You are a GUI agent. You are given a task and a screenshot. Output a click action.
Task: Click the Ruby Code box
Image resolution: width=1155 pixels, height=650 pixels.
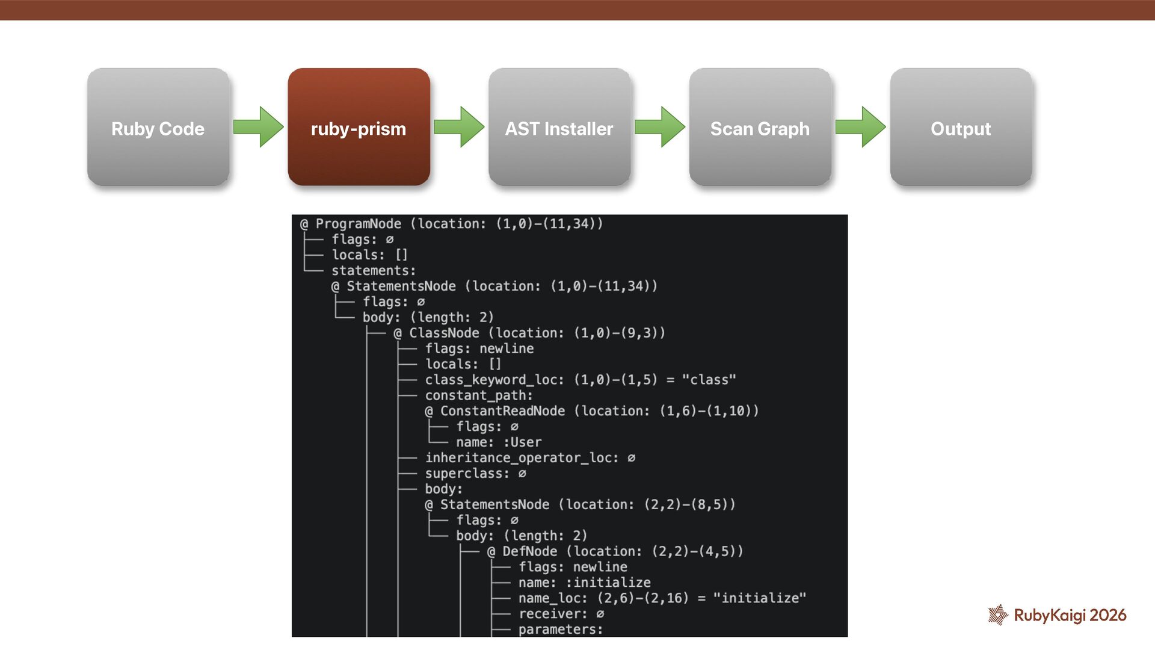158,127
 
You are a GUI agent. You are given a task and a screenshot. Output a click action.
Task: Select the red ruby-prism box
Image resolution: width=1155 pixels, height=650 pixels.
359,127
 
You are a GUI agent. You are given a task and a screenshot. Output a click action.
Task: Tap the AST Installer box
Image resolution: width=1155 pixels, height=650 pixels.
559,127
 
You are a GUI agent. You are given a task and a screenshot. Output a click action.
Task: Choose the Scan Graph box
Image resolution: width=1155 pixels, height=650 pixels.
760,127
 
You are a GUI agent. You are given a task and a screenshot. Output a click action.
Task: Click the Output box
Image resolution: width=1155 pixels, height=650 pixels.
961,127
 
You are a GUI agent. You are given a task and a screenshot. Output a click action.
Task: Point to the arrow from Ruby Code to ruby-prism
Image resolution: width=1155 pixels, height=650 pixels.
259,127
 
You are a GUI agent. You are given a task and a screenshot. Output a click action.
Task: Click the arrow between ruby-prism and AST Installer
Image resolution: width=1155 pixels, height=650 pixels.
459,127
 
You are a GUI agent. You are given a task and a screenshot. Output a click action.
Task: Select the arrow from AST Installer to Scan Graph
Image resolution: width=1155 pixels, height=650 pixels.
660,127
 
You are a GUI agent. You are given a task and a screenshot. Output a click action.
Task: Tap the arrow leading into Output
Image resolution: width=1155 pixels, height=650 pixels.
861,127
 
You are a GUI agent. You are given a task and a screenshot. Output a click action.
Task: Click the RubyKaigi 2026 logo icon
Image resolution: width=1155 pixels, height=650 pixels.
998,614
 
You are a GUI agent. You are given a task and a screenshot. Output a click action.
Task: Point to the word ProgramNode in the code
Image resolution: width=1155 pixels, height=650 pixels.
358,224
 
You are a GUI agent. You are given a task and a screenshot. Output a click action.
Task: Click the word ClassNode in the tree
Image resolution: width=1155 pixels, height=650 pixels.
444,333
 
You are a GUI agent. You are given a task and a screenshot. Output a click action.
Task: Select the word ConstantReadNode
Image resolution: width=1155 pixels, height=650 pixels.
502,411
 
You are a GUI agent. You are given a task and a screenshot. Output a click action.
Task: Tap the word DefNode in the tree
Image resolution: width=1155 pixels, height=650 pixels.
529,551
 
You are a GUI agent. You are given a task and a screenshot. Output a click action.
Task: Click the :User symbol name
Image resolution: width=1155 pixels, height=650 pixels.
522,442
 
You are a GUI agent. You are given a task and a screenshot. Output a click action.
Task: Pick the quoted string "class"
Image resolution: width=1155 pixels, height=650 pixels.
709,380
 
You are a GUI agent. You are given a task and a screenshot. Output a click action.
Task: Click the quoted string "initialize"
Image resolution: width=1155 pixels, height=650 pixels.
759,598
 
